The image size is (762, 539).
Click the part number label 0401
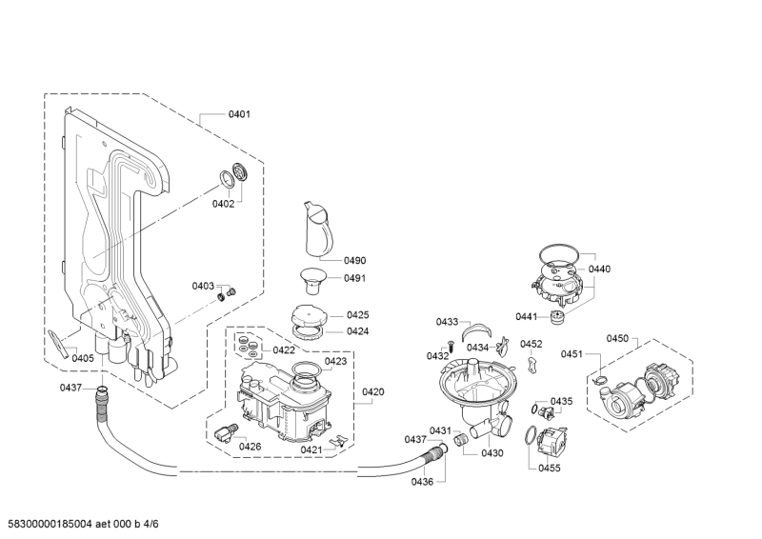[x=239, y=114]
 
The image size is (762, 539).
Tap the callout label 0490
[x=354, y=261]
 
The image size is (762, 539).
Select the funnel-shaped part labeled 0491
[x=311, y=280]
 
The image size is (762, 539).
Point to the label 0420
[x=372, y=391]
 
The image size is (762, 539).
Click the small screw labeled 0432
[x=450, y=348]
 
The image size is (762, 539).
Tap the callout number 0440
[x=599, y=269]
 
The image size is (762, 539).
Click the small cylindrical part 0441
[x=555, y=317]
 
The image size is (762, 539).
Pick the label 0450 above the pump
[x=617, y=338]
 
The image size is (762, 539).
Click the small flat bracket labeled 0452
[x=533, y=364]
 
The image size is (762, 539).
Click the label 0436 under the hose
[x=422, y=482]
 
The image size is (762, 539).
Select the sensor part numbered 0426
[x=226, y=432]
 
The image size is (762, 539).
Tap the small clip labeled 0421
[x=337, y=440]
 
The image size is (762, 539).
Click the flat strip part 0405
[x=58, y=344]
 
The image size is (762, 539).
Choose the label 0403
[x=203, y=286]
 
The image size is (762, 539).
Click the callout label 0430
[x=492, y=453]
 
